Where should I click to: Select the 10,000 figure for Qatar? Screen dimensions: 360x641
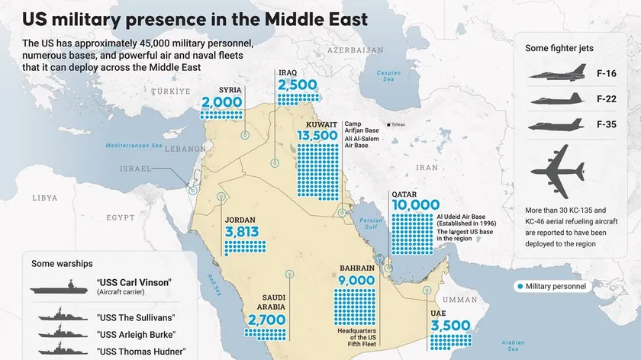(x=415, y=204)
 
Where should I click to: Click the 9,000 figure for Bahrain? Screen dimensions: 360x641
(x=356, y=280)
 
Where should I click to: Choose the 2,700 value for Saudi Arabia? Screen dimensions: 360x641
(x=265, y=320)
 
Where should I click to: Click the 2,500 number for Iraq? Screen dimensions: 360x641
(x=297, y=85)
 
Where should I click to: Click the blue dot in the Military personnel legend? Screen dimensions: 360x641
(x=520, y=286)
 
